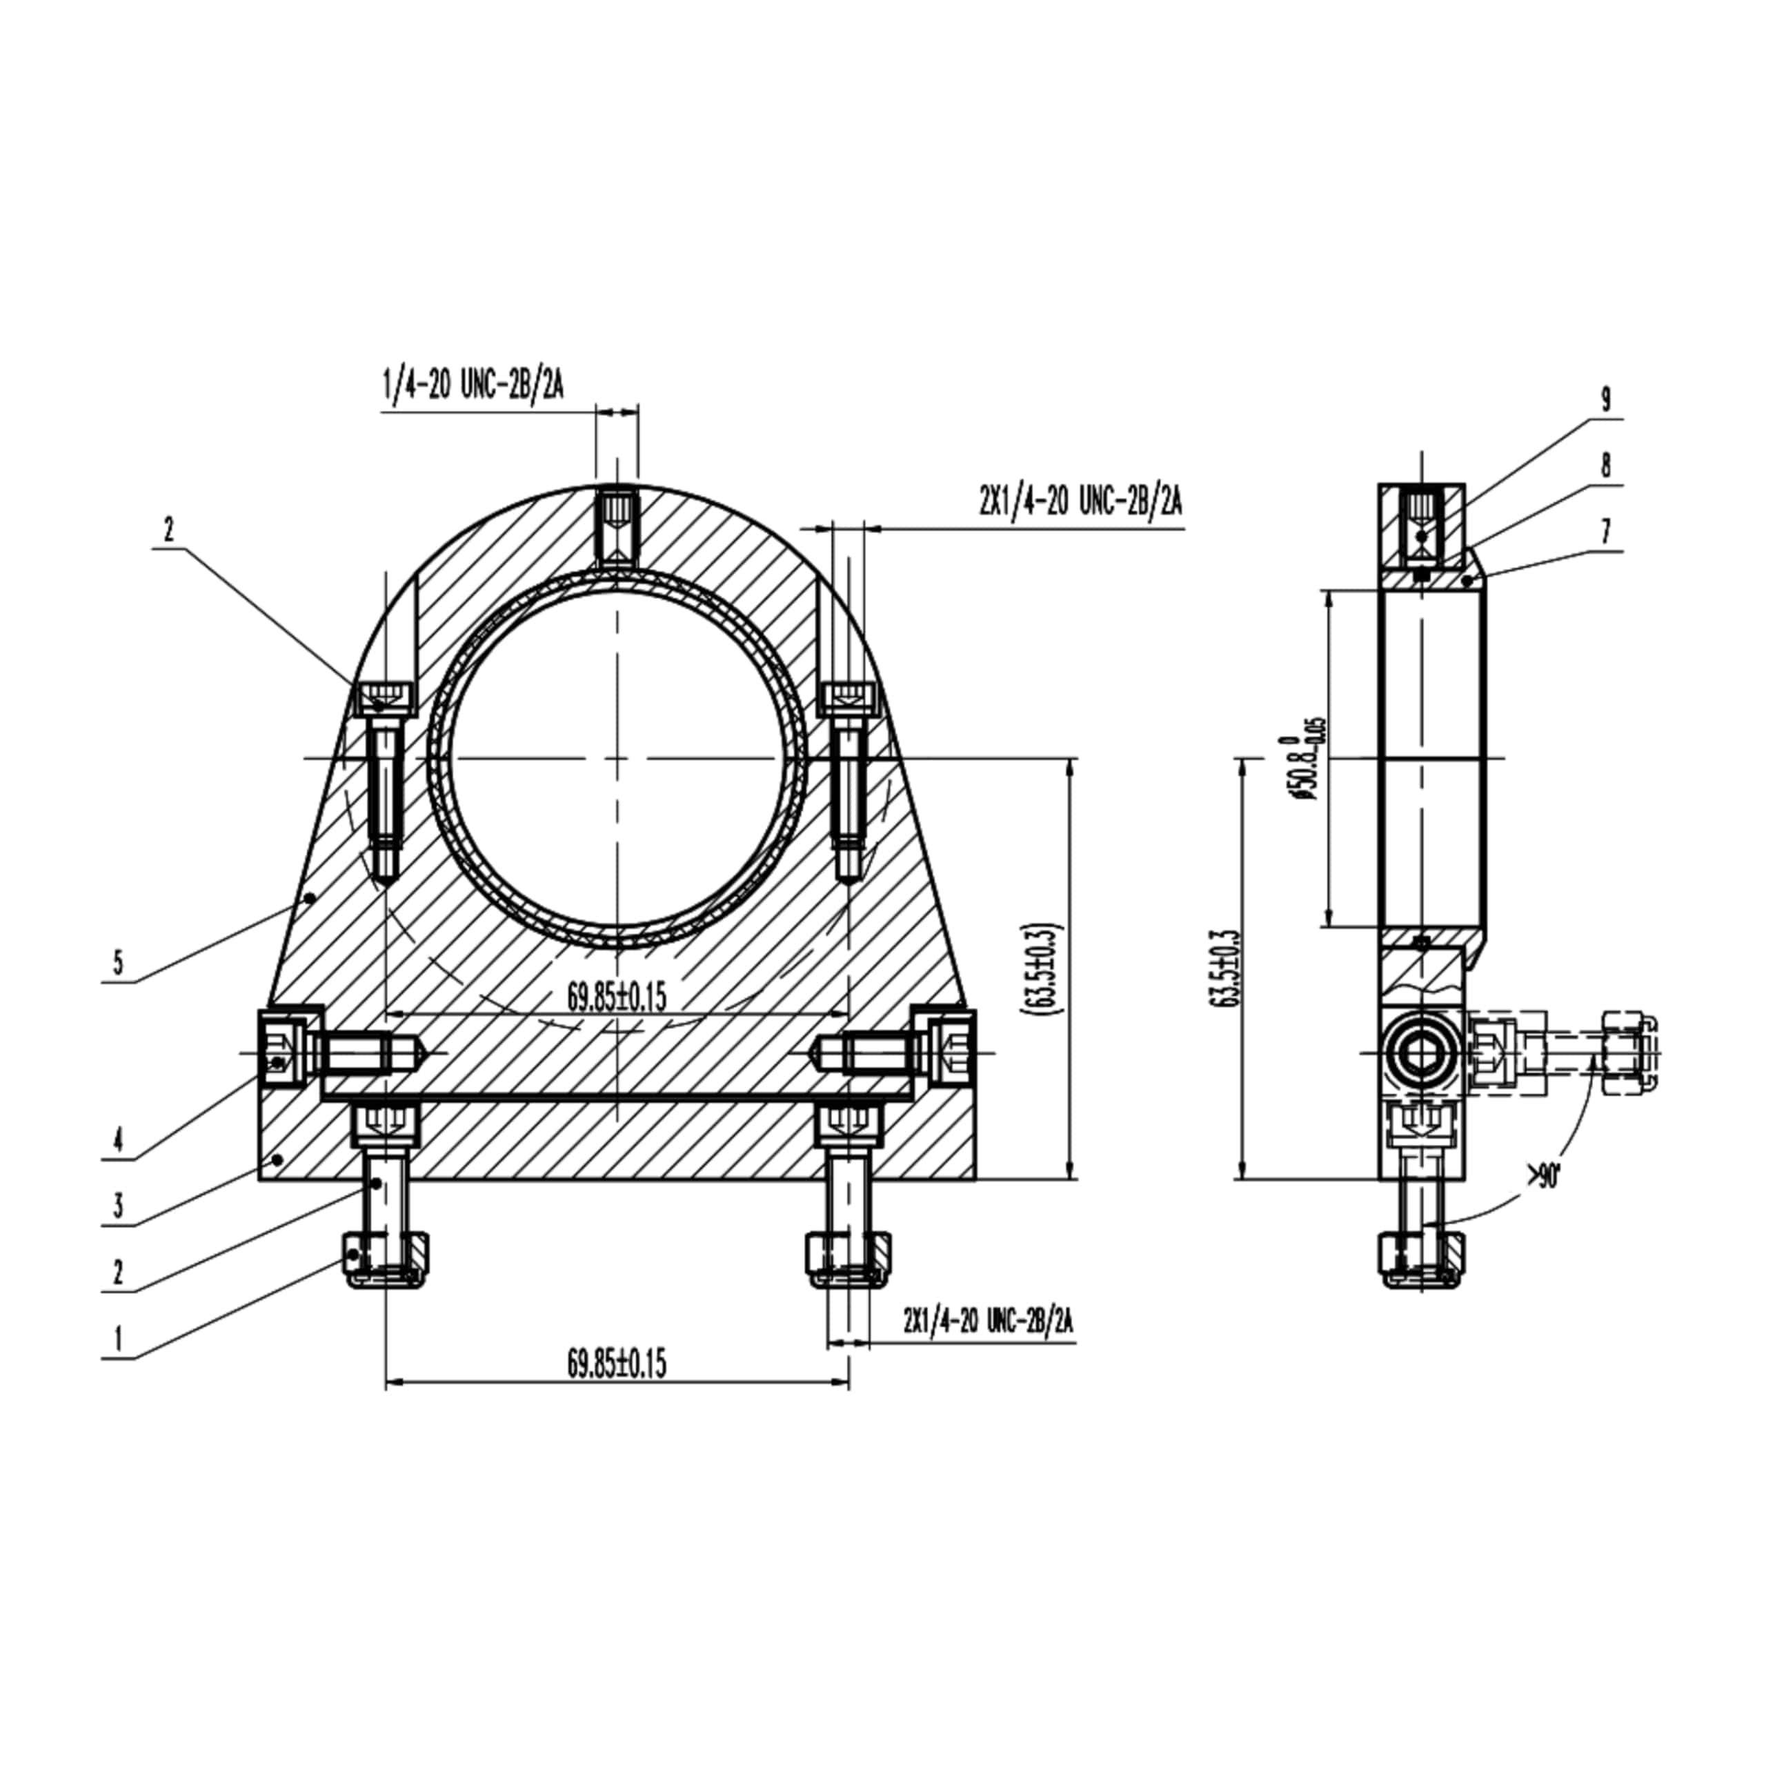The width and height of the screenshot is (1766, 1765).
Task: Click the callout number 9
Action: pyautogui.click(x=1605, y=399)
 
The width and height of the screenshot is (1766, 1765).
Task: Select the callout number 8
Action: pyautogui.click(x=1605, y=466)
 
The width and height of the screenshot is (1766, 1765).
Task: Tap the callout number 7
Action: pyautogui.click(x=1605, y=531)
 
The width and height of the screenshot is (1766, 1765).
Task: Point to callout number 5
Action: pyautogui.click(x=117, y=961)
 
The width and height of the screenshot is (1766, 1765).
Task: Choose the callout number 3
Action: pyautogui.click(x=117, y=1206)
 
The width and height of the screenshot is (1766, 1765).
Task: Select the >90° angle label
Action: pyautogui.click(x=1542, y=1178)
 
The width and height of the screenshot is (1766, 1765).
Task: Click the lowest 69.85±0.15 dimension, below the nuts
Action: pyautogui.click(x=617, y=1364)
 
